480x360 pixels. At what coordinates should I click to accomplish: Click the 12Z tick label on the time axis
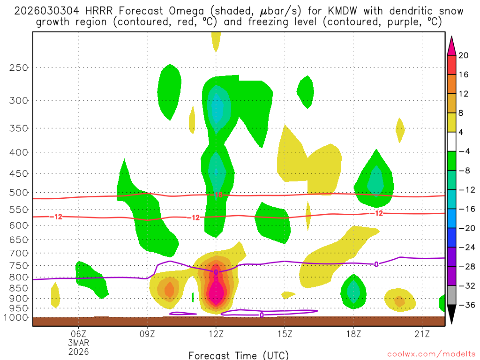[x=216, y=334]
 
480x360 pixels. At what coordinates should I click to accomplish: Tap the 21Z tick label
[x=422, y=334]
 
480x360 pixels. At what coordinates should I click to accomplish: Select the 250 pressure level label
[x=19, y=67]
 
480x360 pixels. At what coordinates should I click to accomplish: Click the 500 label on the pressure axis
[x=19, y=193]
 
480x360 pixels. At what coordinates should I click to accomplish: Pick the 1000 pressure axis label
[x=17, y=318]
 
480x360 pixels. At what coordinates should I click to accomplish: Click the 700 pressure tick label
[x=19, y=253]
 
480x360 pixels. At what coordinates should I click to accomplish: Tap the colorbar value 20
[x=464, y=55]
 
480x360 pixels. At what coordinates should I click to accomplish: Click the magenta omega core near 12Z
[x=216, y=293]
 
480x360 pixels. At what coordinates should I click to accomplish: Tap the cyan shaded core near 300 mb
[x=217, y=108]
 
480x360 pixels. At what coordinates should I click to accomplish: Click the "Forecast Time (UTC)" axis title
[x=239, y=355]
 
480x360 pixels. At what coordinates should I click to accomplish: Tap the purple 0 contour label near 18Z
[x=376, y=264]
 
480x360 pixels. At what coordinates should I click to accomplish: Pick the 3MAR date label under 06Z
[x=78, y=343]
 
